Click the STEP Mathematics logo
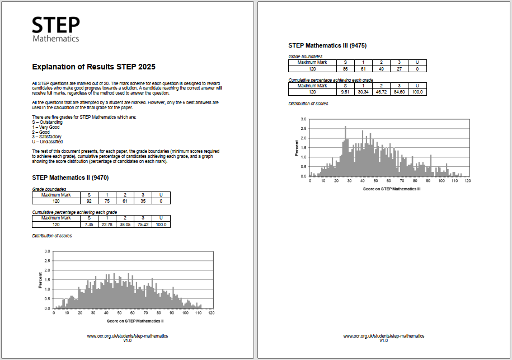coord(55,29)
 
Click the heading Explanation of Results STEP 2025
coord(90,67)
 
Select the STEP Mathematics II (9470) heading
coord(71,177)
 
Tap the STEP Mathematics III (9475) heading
coord(327,45)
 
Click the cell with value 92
coord(88,201)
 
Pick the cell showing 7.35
coord(88,225)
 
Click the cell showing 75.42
coord(143,225)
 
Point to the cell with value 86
coord(345,69)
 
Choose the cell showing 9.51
coord(345,92)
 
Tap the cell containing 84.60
coord(399,92)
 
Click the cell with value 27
coord(399,69)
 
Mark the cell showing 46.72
coord(381,92)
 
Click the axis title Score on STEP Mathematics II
coord(135,321)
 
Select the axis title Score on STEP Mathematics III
coord(392,189)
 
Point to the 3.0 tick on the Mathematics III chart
coord(303,119)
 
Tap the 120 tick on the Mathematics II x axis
coord(211,313)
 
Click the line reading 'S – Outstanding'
coord(48,121)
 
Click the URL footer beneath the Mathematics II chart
coord(128,336)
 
